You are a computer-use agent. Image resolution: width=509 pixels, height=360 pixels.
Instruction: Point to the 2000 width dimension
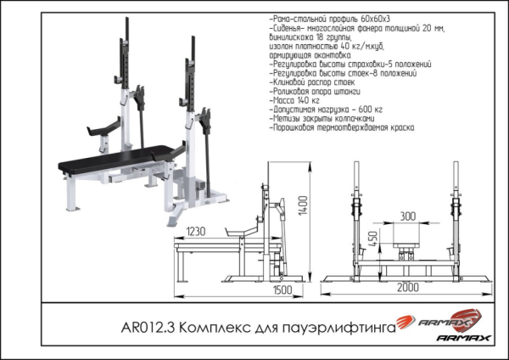(x=408, y=287)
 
